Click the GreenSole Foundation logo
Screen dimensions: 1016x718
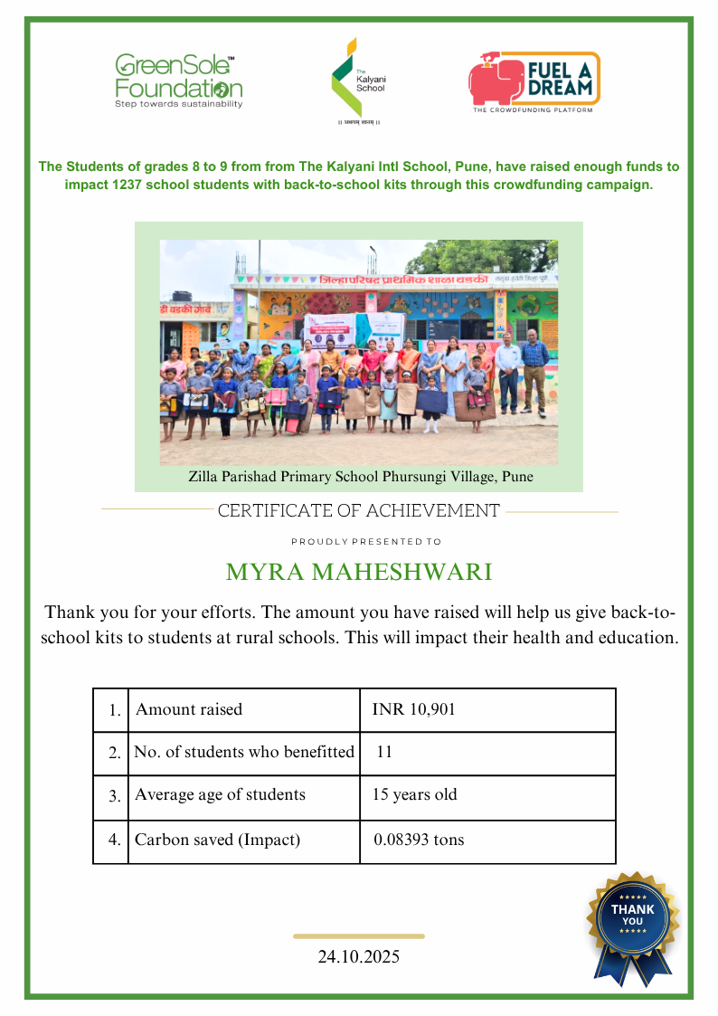[178, 81]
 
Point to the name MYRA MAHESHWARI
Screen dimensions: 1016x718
[359, 573]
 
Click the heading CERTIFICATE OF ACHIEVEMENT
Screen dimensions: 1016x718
[359, 511]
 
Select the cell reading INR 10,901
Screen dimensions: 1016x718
[414, 710]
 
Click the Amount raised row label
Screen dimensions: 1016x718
[189, 710]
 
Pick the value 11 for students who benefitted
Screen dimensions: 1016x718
[384, 752]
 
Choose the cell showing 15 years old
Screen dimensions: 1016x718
[415, 795]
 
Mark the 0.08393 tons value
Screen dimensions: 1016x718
[419, 840]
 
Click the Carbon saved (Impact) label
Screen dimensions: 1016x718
[217, 840]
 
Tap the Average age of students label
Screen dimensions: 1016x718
[220, 795]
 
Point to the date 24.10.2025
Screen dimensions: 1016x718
[359, 956]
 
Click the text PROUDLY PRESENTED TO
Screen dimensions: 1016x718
[366, 542]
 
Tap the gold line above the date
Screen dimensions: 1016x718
[359, 936]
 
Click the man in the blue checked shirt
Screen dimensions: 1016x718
[534, 371]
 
